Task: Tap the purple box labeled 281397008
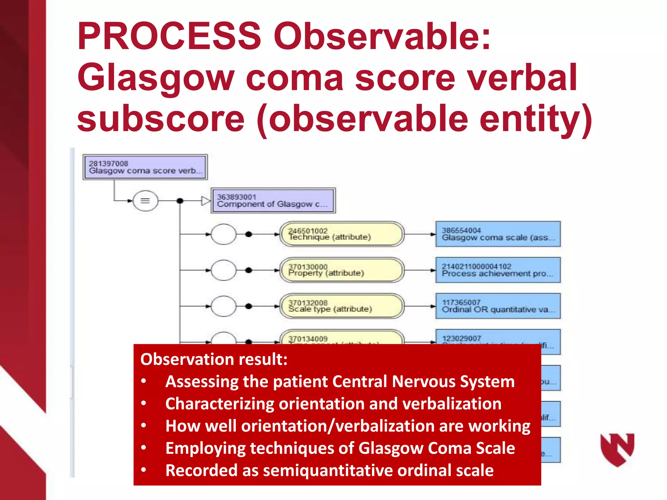click(x=145, y=167)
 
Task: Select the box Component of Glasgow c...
click(x=273, y=201)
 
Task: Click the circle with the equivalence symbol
click(x=145, y=201)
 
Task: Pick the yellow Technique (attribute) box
click(x=342, y=234)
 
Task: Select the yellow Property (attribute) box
click(x=342, y=270)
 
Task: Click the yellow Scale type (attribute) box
click(x=342, y=306)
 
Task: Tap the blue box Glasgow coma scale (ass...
click(x=498, y=234)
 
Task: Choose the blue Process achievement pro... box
click(x=498, y=270)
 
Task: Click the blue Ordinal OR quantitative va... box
click(x=498, y=306)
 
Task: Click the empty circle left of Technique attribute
click(x=223, y=234)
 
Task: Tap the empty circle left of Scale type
click(x=223, y=306)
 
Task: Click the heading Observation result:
click(x=214, y=359)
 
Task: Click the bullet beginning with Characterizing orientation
click(x=333, y=404)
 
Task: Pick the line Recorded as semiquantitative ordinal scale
click(x=329, y=470)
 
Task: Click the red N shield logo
click(x=617, y=449)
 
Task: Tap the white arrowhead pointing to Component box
click(x=206, y=201)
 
